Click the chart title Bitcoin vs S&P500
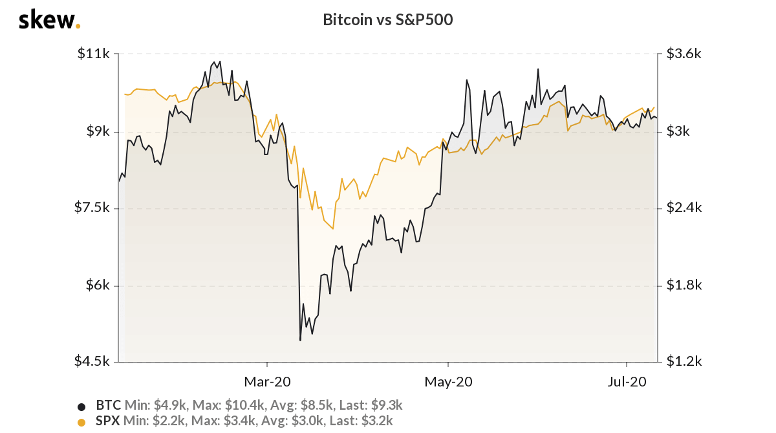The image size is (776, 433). tap(387, 20)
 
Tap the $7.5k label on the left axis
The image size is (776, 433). tap(93, 207)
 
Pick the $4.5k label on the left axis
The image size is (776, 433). tap(93, 361)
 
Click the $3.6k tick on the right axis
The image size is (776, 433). tap(684, 54)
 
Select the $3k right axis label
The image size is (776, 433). tap(679, 131)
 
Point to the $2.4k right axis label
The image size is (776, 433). tap(684, 207)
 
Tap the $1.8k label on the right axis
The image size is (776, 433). tap(684, 285)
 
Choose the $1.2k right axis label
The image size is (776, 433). tap(684, 361)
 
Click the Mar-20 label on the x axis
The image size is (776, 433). tap(267, 382)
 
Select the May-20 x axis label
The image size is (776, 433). tap(447, 382)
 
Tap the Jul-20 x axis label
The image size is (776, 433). tap(627, 382)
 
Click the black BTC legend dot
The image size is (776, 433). tap(81, 407)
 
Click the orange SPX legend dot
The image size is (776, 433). tap(81, 422)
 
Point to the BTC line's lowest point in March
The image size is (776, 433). tap(300, 340)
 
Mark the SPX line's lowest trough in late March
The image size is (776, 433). tap(333, 229)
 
